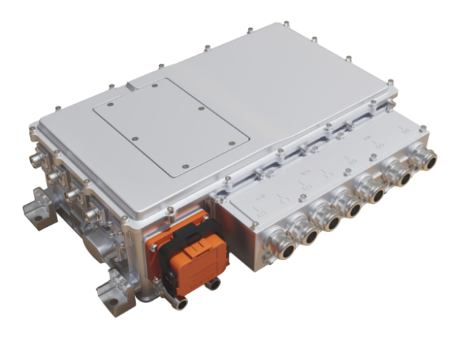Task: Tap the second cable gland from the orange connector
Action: click(x=307, y=234)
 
